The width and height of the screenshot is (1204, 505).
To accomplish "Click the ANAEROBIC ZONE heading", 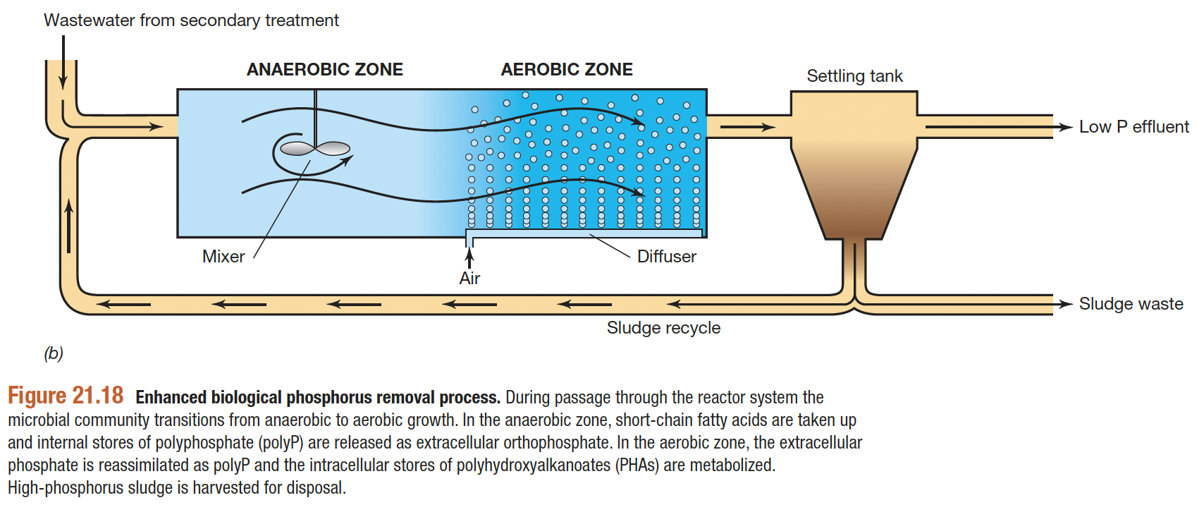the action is coord(325,69).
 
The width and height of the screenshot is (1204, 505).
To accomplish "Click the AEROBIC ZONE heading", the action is coord(567,69).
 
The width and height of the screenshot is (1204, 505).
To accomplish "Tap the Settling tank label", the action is coord(854,76).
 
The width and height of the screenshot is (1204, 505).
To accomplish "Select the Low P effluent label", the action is coord(1134,127).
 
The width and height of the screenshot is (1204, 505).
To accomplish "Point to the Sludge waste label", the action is coord(1131,304).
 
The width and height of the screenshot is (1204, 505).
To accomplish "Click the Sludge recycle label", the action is coord(663,328).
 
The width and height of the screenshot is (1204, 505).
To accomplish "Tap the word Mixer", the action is coord(223,257).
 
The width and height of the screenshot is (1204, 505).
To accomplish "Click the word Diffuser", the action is coord(667,257).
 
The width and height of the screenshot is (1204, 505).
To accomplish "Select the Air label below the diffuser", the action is coord(469,279).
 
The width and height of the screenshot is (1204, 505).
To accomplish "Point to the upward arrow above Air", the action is coord(469,257).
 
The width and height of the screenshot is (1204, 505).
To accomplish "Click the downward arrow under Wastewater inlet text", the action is coord(63,62).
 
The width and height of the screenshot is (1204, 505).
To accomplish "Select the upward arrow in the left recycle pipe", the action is coord(69,225).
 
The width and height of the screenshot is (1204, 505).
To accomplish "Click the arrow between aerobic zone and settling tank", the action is coord(748,128).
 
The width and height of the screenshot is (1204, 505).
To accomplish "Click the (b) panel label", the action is coord(53,353).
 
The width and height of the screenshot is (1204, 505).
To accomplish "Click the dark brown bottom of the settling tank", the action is coord(854,229).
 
